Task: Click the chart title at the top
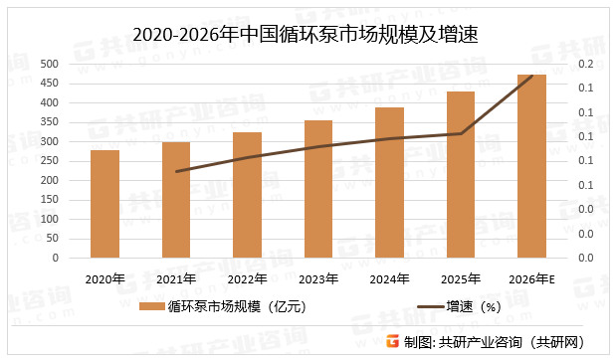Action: [307, 37]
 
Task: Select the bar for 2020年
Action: [104, 204]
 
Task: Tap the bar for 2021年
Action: [176, 200]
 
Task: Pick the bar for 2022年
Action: [247, 195]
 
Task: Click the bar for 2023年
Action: [318, 189]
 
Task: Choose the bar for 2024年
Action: [389, 183]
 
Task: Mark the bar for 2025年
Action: [461, 175]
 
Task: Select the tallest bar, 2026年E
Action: [531, 166]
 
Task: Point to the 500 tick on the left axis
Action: [48, 64]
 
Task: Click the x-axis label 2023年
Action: [318, 278]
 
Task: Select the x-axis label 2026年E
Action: [532, 278]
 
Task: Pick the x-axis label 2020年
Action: [104, 278]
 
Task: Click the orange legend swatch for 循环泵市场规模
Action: [150, 306]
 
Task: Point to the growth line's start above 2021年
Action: [176, 171]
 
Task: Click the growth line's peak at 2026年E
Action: [532, 76]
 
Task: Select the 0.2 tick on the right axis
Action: [585, 64]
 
